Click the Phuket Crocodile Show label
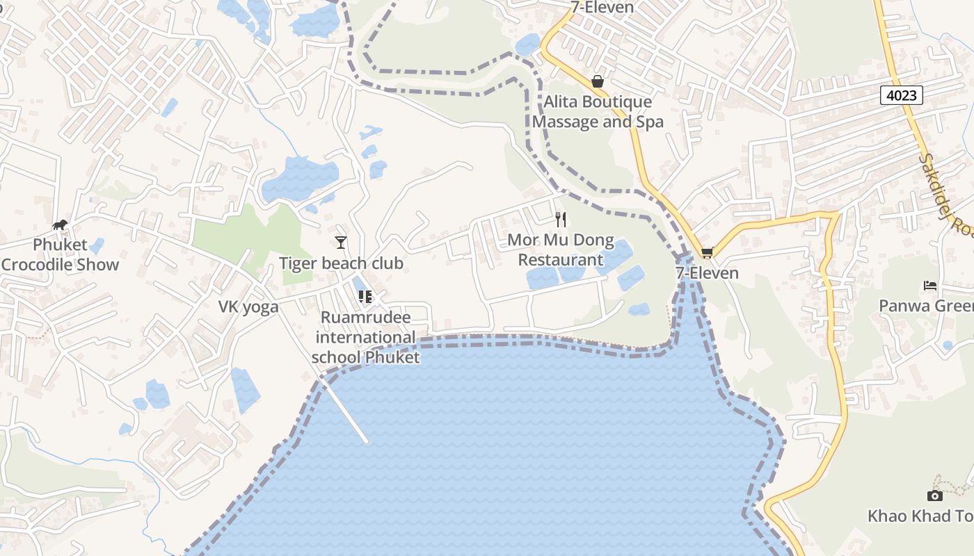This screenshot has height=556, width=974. [x=60, y=254]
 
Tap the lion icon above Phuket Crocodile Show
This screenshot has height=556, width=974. [x=60, y=224]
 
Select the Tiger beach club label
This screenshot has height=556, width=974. [x=341, y=263]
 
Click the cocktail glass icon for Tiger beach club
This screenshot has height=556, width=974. [x=341, y=242]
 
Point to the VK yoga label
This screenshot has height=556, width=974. [x=248, y=306]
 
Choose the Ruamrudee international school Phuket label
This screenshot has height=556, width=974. [x=365, y=337]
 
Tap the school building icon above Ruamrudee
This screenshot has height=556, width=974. [x=365, y=297]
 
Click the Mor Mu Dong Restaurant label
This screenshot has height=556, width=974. [x=561, y=250]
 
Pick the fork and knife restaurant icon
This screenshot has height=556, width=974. [x=561, y=220]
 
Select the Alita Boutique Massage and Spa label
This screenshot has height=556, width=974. [x=598, y=112]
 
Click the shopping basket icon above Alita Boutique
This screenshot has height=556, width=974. [x=597, y=81]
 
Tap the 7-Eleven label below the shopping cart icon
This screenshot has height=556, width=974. [x=707, y=272]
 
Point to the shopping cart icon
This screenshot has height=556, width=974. [x=707, y=252]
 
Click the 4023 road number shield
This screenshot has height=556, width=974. [x=901, y=95]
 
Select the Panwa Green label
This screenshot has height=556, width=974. [x=925, y=306]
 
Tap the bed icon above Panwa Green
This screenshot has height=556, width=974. [x=930, y=285]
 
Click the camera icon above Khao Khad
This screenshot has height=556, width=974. [x=935, y=496]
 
